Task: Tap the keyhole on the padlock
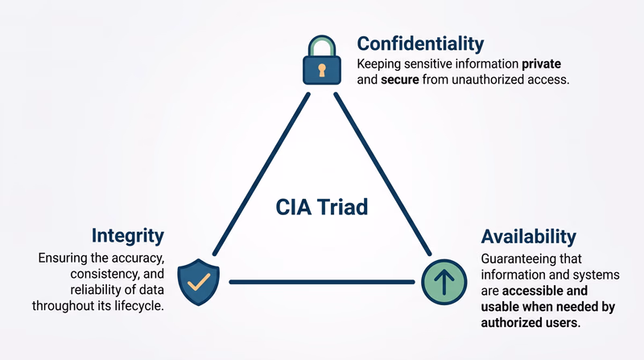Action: (x=323, y=70)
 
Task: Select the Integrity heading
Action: (x=128, y=235)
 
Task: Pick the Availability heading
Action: (x=529, y=236)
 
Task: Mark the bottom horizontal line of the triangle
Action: (x=322, y=282)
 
